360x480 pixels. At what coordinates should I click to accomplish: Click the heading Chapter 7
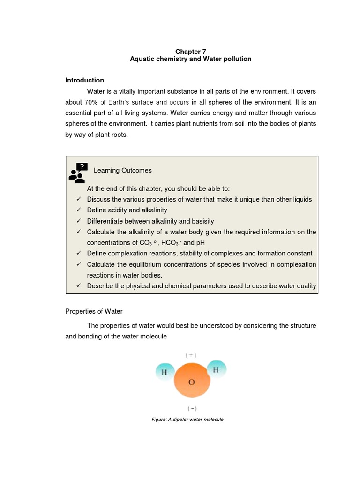click(190, 51)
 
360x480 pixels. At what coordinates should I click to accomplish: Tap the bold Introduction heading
click(84, 80)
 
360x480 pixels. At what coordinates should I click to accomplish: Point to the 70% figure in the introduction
click(90, 102)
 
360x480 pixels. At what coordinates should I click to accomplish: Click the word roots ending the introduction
click(119, 135)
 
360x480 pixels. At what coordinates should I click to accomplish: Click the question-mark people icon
click(78, 173)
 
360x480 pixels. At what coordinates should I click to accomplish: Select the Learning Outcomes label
click(122, 171)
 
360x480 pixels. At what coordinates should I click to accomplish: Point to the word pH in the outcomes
click(200, 243)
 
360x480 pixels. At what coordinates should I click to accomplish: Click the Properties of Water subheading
click(94, 311)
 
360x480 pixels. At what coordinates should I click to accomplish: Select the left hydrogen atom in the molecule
click(164, 372)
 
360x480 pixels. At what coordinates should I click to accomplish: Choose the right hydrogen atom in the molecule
click(216, 369)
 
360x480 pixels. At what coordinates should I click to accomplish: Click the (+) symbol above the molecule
click(191, 355)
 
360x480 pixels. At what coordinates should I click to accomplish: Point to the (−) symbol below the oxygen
click(191, 408)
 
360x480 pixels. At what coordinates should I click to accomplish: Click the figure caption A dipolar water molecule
click(187, 419)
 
